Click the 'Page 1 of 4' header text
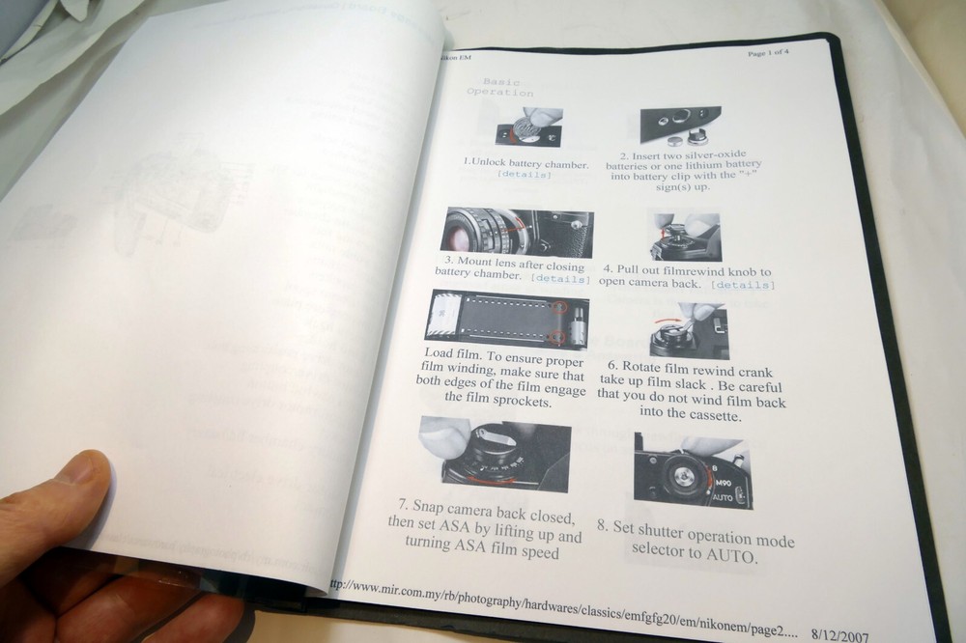768,53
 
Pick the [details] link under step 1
525,175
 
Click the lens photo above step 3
518,233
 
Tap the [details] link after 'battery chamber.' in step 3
560,279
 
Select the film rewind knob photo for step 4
685,237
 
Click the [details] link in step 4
742,285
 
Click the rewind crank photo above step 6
689,333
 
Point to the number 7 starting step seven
403,505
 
